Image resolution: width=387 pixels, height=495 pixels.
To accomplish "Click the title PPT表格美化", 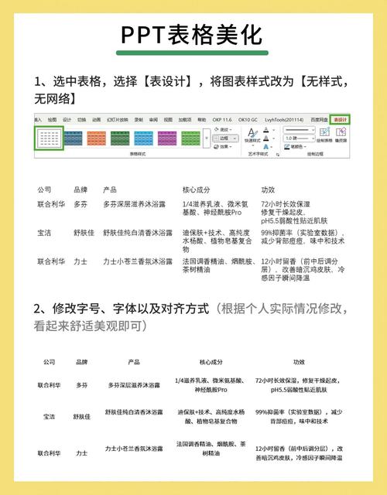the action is tap(192, 35).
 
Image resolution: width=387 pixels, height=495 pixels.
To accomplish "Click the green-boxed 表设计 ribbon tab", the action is tap(340, 120).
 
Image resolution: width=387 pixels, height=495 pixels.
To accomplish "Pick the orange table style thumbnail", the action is tap(97, 138).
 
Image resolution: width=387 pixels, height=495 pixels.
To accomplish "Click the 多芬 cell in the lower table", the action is tap(81, 384).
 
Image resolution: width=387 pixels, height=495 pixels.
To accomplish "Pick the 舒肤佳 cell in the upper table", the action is tap(84, 232).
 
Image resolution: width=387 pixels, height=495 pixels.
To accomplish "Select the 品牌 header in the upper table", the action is tap(80, 189).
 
